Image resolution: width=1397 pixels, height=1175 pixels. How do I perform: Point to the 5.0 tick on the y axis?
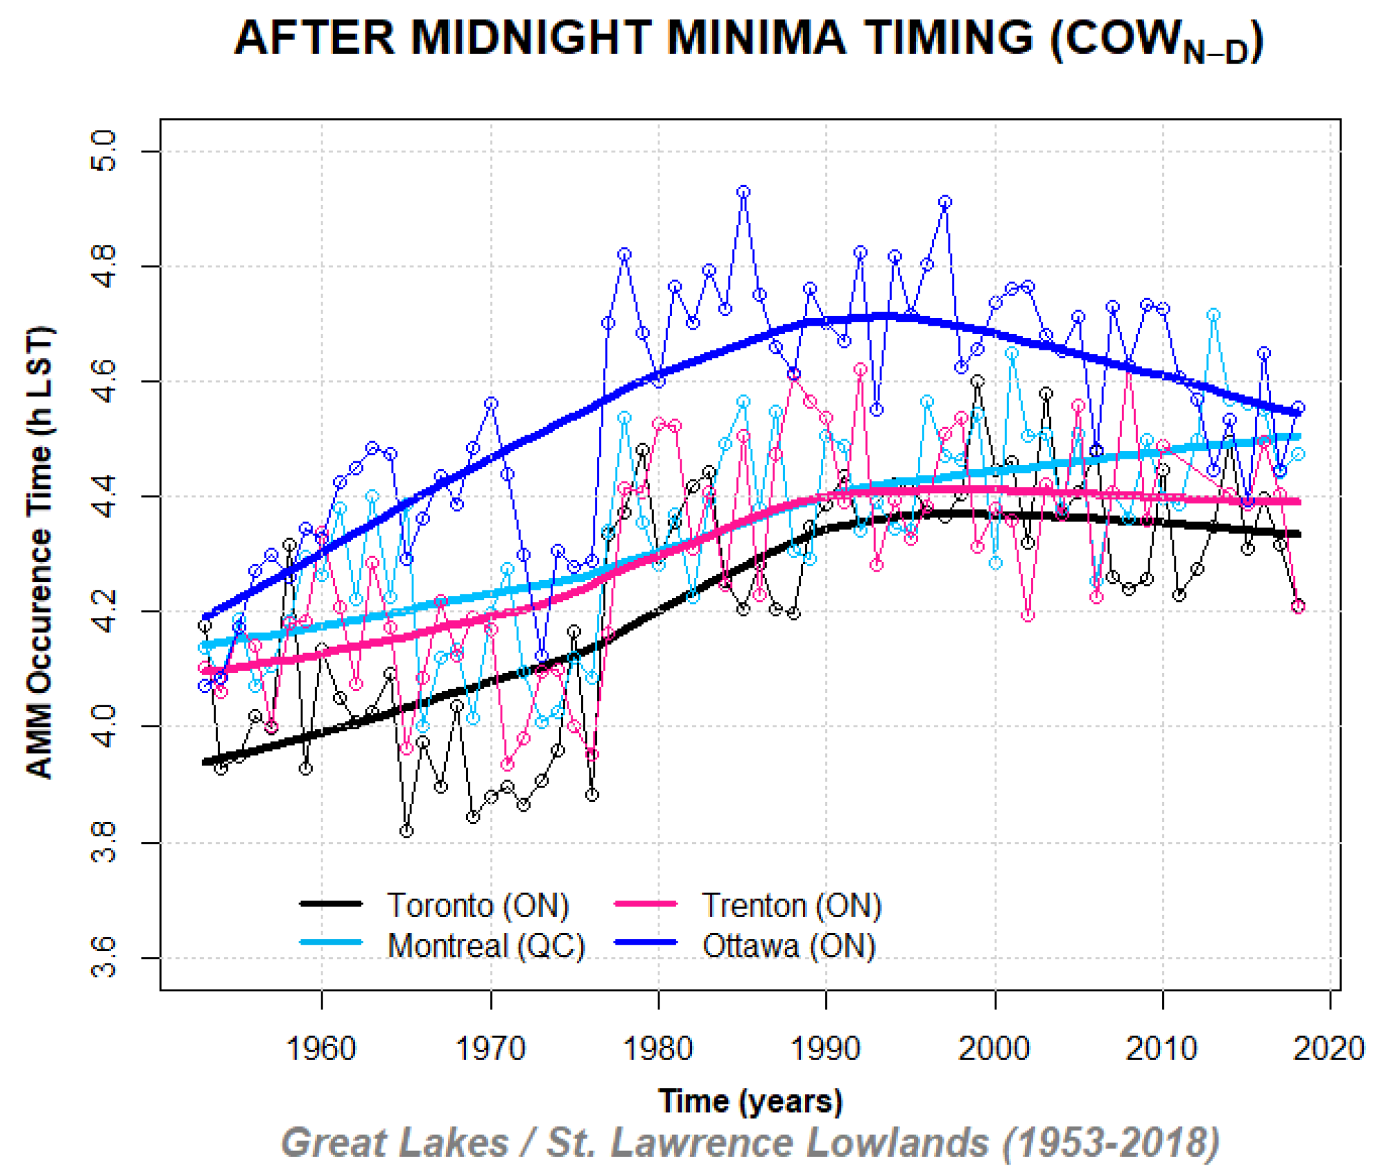[103, 151]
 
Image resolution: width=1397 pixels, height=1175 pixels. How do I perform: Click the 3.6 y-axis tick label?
[103, 958]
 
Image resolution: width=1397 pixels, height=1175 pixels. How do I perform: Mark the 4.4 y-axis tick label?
[103, 496]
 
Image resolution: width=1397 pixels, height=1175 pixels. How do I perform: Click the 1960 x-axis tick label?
[321, 1048]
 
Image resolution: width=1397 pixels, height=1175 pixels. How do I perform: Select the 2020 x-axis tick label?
[1328, 1048]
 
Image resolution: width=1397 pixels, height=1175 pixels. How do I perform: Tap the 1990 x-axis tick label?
[825, 1048]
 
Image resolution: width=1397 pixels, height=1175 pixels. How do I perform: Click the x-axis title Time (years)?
[750, 1101]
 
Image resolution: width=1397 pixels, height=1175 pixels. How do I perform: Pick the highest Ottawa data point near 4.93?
[743, 192]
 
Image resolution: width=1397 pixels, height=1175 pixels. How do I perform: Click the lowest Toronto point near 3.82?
[406, 831]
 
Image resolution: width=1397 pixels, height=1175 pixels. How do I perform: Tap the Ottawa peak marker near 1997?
[945, 202]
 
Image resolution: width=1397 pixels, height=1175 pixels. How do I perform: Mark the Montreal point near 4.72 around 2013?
[1214, 315]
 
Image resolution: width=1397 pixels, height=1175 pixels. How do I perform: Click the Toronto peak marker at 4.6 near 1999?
[978, 382]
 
